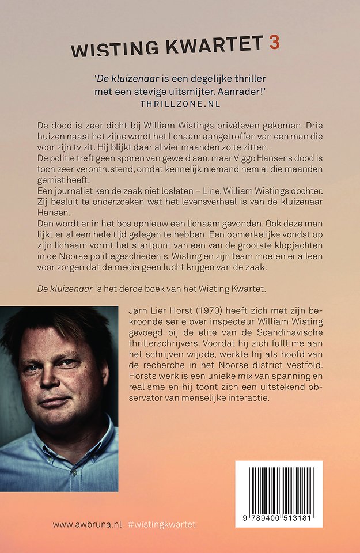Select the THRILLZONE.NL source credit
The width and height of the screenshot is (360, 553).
180,104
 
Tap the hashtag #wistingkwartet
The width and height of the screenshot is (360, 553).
162,524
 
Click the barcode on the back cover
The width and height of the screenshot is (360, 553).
279,487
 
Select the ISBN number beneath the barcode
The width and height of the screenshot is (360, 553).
279,518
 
